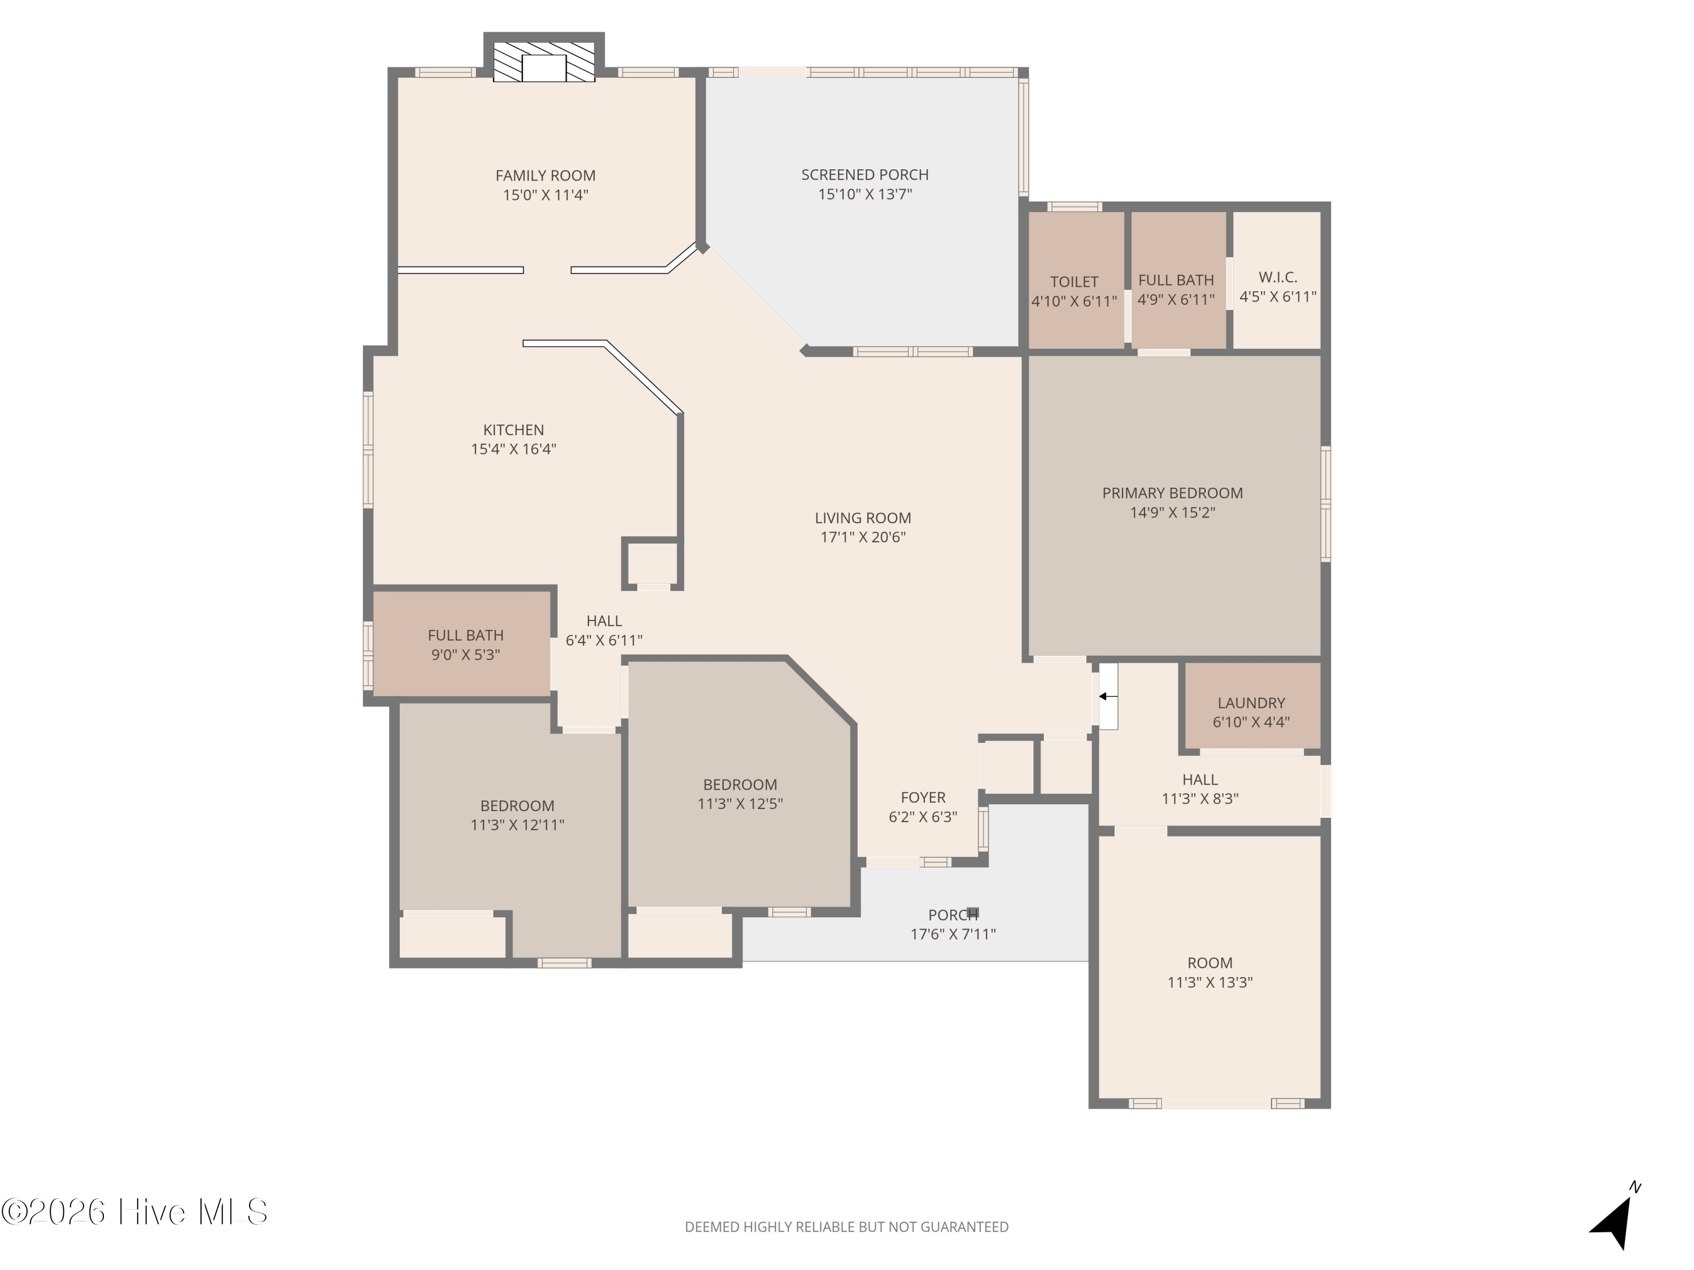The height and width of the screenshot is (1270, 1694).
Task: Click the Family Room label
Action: click(545, 176)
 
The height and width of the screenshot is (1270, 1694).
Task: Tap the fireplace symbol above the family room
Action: click(544, 61)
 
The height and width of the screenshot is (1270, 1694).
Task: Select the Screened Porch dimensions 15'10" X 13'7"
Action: click(865, 194)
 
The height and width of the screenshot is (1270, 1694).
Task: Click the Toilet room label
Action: click(1073, 282)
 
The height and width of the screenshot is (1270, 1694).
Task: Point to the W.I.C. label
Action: click(1277, 277)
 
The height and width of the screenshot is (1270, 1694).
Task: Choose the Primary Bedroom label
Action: click(1172, 493)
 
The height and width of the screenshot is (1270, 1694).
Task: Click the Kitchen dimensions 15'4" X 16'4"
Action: click(513, 449)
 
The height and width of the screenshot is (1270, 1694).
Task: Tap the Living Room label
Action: click(863, 518)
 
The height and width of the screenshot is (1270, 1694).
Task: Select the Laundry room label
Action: click(1251, 703)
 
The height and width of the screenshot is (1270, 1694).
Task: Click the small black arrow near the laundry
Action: click(1107, 697)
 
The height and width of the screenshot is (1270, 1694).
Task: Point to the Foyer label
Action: click(923, 798)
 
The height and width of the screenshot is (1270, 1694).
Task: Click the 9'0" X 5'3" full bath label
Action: click(466, 655)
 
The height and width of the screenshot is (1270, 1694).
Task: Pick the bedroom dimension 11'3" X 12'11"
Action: click(518, 825)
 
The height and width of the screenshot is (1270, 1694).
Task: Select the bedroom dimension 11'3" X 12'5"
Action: click(740, 804)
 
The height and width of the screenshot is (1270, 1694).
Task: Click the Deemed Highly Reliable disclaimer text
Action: click(846, 1227)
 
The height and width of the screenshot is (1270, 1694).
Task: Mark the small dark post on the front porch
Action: click(973, 912)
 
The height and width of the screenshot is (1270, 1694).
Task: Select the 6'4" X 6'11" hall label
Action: click(604, 640)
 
